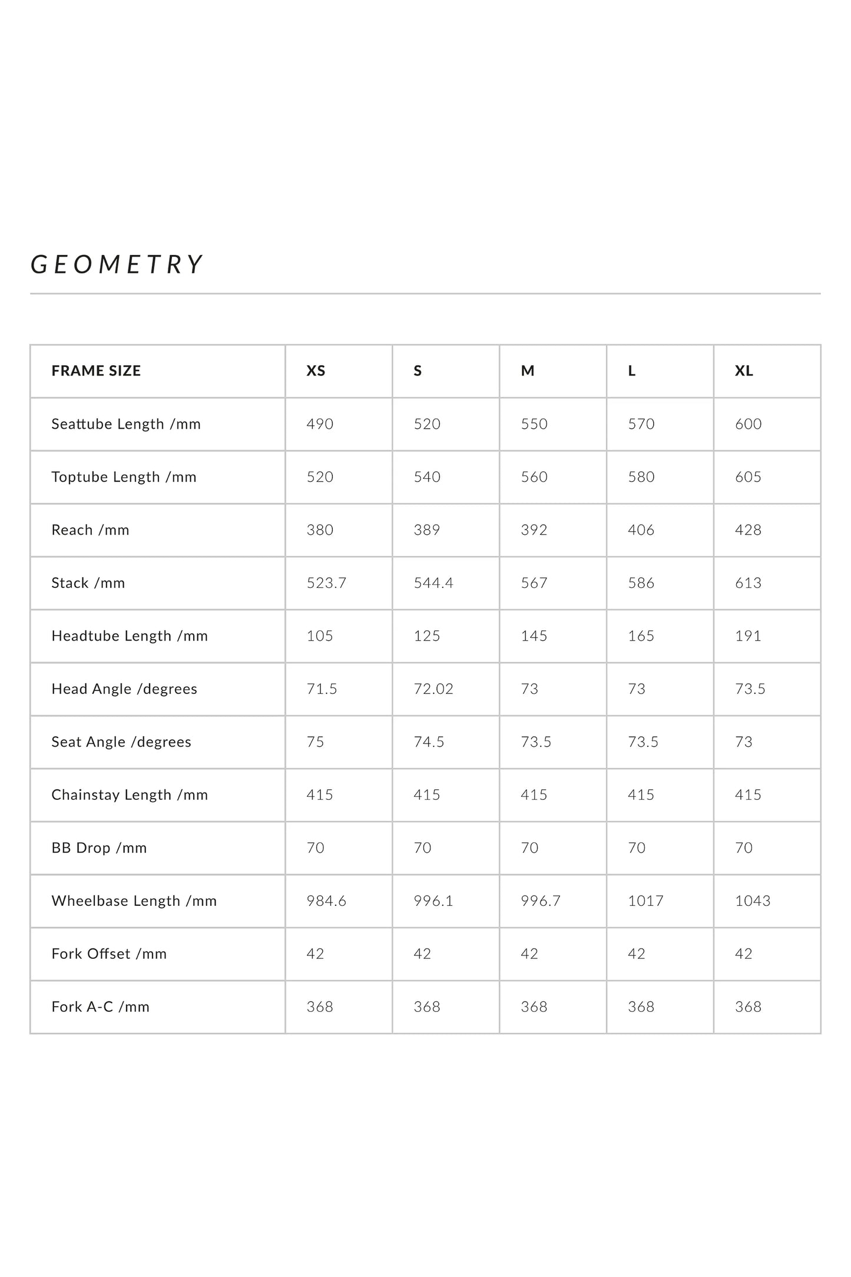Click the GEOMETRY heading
coord(117,264)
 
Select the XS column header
coord(316,371)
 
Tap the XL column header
coord(744,371)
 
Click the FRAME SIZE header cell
coord(96,371)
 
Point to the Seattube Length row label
coord(126,424)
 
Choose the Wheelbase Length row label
coord(134,901)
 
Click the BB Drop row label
coord(99,848)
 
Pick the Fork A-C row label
coord(101,1007)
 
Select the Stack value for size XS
coord(326,583)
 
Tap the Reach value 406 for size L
coord(641,530)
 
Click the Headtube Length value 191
coord(748,636)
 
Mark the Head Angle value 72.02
coord(433,689)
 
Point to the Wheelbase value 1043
coord(753,901)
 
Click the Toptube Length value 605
coord(748,477)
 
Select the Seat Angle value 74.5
coord(429,742)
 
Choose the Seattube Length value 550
coord(534,424)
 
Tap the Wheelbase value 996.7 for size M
coord(541,901)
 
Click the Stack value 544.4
coord(433,583)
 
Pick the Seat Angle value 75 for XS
coord(316,742)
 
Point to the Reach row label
coord(90,530)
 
